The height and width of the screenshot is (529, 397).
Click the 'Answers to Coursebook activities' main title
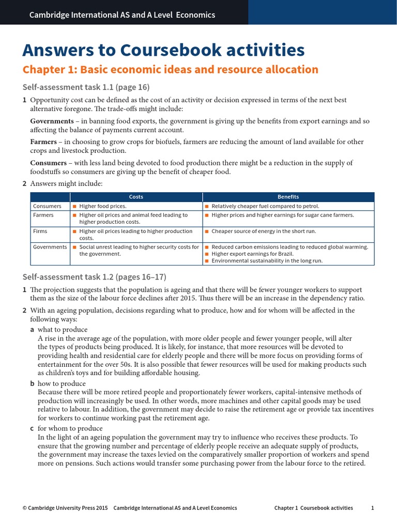point(163,50)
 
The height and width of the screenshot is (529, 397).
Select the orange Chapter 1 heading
point(171,70)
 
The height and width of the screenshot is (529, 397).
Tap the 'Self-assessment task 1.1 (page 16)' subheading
point(86,87)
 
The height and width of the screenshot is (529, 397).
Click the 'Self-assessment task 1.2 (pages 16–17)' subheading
point(95,277)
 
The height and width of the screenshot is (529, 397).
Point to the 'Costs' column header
point(136,197)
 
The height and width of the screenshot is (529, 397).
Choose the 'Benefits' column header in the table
point(288,197)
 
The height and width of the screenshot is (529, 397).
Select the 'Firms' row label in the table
point(40,231)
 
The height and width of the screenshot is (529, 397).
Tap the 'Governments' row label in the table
point(50,247)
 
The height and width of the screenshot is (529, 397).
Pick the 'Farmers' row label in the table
point(43,215)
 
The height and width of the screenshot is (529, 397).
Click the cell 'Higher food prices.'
point(102,206)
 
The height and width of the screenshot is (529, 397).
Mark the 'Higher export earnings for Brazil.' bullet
point(252,254)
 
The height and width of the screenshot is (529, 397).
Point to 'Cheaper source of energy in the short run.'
point(264,231)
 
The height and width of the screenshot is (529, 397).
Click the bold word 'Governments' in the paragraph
point(52,121)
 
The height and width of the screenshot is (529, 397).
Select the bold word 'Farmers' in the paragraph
point(44,142)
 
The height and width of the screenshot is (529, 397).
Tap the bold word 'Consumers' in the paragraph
point(49,163)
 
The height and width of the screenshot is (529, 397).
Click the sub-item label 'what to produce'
point(63,330)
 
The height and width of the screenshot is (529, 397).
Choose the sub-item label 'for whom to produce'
point(70,429)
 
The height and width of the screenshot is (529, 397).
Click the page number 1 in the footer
point(372,508)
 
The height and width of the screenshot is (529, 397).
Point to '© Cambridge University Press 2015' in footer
point(65,508)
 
